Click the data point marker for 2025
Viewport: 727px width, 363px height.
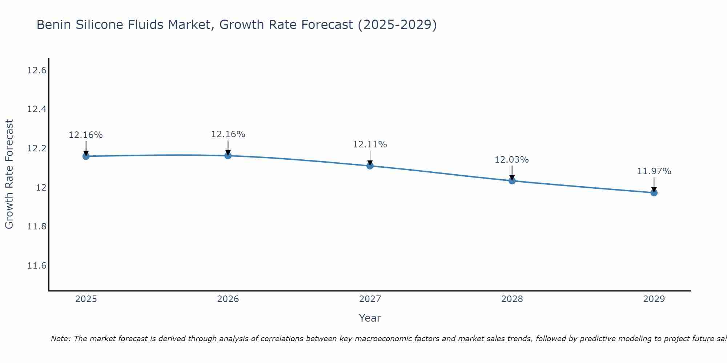[86, 156]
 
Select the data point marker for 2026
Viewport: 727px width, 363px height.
[228, 156]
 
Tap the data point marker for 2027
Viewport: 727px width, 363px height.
[370, 166]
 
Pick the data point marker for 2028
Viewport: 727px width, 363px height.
[512, 181]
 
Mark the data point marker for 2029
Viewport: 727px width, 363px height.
[654, 193]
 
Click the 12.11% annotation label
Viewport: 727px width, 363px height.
[370, 144]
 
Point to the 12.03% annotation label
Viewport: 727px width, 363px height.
[511, 160]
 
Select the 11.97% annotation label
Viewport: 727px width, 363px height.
[654, 171]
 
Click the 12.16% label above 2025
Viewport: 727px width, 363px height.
[86, 135]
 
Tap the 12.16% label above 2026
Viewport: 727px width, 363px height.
[228, 134]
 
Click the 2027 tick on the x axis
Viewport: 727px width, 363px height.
[370, 299]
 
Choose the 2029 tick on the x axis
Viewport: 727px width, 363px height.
[654, 299]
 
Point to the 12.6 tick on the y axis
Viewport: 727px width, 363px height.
[37, 70]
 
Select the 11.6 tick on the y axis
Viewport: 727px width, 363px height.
[37, 266]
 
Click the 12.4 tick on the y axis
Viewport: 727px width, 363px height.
[37, 109]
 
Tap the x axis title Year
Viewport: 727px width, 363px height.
[370, 318]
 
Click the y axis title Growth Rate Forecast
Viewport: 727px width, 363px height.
[9, 174]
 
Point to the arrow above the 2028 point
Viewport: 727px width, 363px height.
[512, 173]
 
